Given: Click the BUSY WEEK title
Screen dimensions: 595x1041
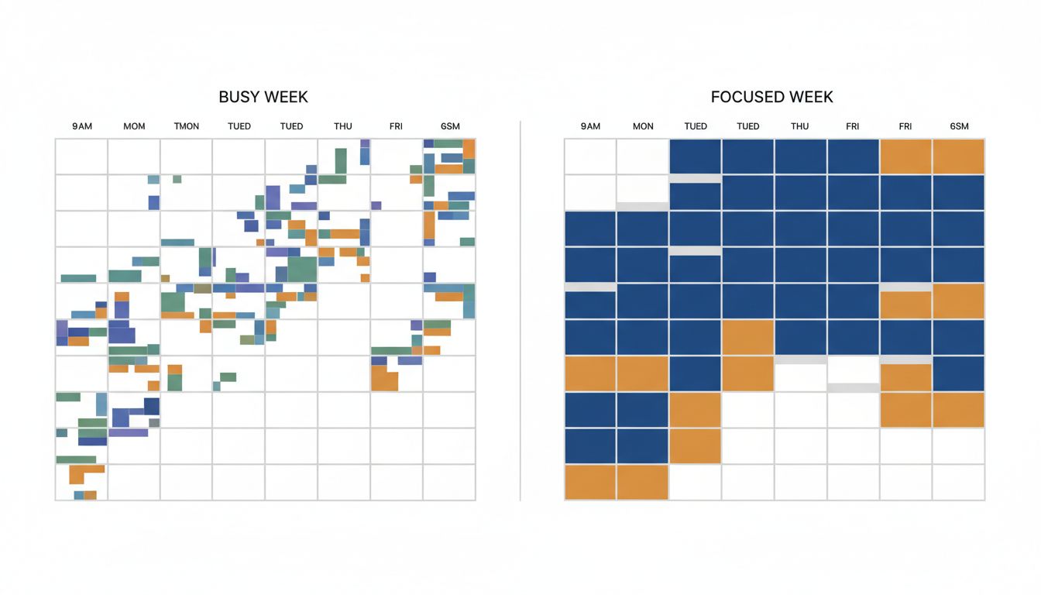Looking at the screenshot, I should point(263,97).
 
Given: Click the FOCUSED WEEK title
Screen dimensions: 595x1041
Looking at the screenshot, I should point(771,97).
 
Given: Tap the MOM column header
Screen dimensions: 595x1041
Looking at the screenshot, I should point(134,126).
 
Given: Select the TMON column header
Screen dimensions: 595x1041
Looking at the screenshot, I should point(187,126).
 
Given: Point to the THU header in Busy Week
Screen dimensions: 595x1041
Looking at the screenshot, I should point(343,126).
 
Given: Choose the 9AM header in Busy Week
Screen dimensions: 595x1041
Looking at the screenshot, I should point(81,126).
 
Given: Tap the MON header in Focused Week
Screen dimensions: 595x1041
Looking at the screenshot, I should point(643,126).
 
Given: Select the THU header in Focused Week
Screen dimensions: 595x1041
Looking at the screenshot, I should point(800,126).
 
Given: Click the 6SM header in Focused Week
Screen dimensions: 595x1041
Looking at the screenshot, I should point(959,126).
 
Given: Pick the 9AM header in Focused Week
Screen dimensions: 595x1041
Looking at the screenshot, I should point(590,126).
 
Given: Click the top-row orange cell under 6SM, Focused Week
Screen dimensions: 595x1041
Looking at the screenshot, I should point(959,156).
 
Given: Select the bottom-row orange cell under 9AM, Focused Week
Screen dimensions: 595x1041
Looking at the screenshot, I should point(590,482).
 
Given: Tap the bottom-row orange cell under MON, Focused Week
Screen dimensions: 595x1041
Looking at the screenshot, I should point(643,482).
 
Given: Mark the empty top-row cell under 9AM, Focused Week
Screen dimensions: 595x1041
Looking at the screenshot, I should point(590,156).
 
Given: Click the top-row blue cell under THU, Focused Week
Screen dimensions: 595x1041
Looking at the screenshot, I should point(800,156).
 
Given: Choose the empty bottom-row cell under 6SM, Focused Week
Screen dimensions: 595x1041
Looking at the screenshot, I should point(959,482).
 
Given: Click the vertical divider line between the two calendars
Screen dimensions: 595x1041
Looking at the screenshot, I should point(520,310).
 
